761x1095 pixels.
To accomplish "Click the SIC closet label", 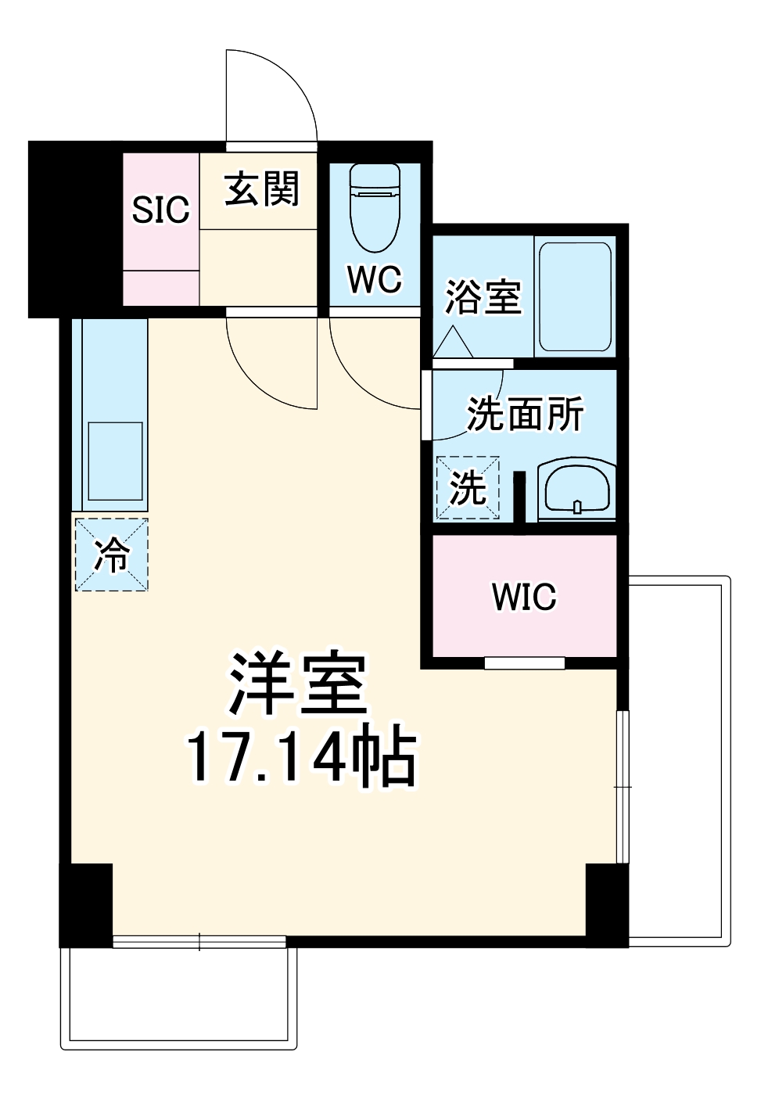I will pos(161,210).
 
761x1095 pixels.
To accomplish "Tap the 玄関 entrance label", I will pos(261,190).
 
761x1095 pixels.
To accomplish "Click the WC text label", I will pos(375,279).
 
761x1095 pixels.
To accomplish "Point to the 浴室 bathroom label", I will pos(483,297).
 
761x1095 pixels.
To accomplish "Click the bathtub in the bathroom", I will pos(575,296).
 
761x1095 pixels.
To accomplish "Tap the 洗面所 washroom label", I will pos(525,414).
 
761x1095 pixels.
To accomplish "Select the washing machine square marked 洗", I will pos(468,488).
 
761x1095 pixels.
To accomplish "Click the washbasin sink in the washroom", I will pos(577,490).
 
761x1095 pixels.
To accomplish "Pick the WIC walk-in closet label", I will pos(524,597).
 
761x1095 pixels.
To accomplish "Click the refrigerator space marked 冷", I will pos(111,555).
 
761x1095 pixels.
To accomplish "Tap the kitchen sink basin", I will pos(115,461).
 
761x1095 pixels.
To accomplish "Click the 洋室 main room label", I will pos(298,682).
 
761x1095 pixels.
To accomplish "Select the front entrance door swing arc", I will pos(274,98).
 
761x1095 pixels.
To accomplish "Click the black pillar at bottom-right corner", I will pos(607,903).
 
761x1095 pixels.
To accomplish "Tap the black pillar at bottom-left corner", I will pos(86,903).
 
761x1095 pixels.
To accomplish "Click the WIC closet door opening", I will pos(524,663).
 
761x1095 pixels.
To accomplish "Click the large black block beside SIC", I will pos(75,228).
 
